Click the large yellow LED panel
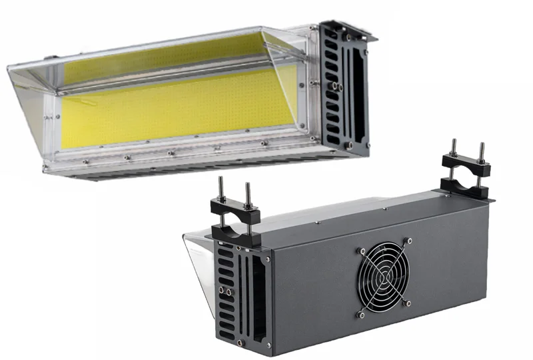tap(180, 110)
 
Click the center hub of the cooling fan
tap(386, 281)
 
